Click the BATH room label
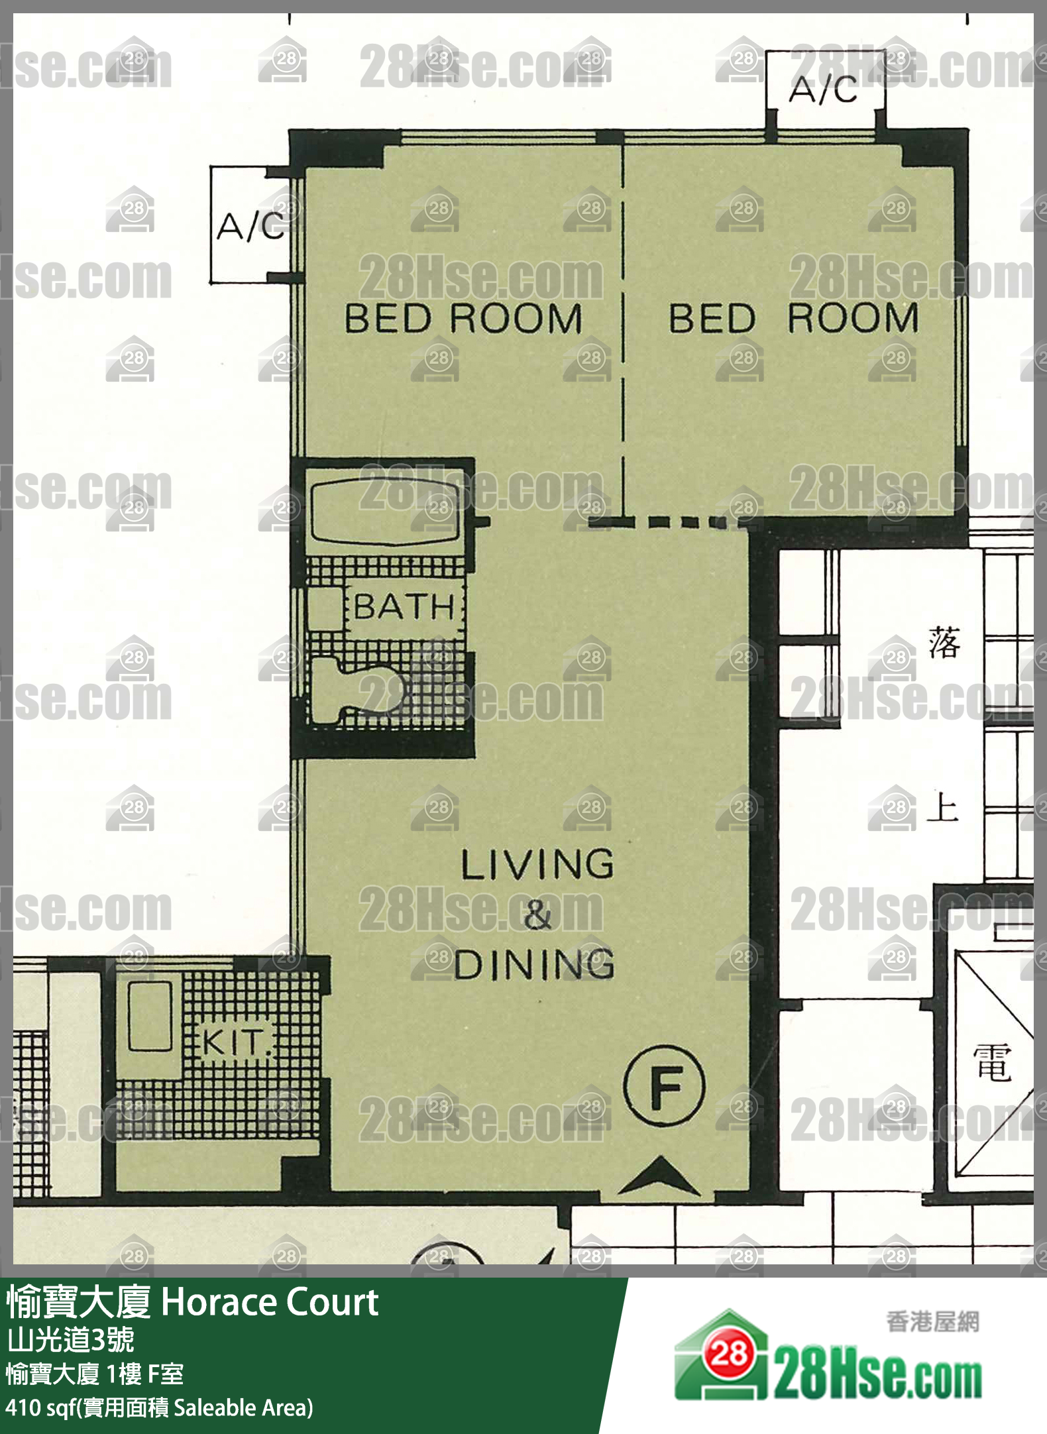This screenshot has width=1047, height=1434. pos(404,606)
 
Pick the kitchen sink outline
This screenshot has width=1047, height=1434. pos(150,1015)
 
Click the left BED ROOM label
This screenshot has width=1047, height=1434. pos(463,318)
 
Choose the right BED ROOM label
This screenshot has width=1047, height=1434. pos(793,318)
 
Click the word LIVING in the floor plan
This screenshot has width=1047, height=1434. pos(537,864)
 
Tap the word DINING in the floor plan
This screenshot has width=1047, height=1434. pos(534,964)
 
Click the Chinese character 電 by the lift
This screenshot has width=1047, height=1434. pos(992,1062)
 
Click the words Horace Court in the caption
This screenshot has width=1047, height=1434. pos(270,1302)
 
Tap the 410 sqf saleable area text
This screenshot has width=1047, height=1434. pos(159,1407)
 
